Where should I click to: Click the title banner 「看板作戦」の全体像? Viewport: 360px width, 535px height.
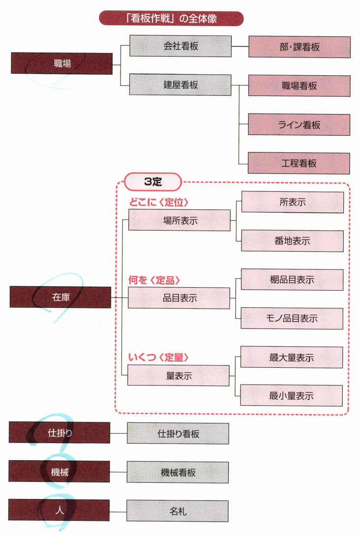[x=171, y=19]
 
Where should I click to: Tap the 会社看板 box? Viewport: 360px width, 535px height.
[x=180, y=46]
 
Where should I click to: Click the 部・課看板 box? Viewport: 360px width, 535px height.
[x=300, y=47]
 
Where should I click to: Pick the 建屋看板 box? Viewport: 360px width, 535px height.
[x=180, y=85]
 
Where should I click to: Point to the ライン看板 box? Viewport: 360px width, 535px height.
[x=299, y=125]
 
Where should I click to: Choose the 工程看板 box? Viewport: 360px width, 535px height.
[x=299, y=163]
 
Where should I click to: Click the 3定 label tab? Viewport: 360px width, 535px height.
[x=153, y=181]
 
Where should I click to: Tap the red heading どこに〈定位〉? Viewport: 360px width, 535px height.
[x=159, y=202]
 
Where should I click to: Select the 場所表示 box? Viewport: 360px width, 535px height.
[x=180, y=220]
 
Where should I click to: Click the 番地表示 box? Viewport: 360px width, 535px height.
[x=292, y=241]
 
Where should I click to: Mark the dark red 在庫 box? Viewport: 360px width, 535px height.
[x=60, y=297]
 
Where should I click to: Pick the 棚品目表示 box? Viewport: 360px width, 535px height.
[x=292, y=280]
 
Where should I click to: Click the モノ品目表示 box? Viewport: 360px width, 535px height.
[x=292, y=319]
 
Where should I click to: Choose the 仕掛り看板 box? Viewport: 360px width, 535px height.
[x=178, y=434]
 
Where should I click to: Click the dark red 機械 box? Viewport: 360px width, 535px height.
[x=60, y=472]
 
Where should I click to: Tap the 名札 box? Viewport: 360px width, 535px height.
[x=178, y=511]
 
